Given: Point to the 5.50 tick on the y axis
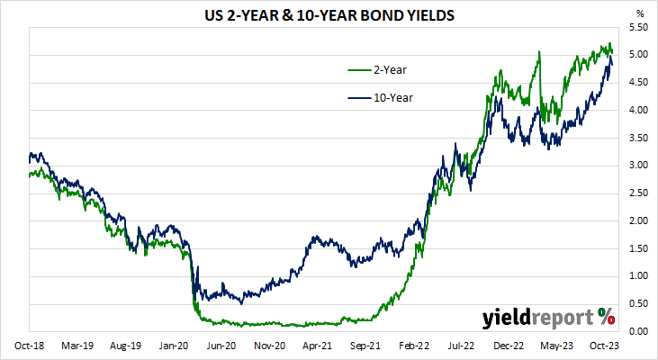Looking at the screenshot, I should click(637, 28).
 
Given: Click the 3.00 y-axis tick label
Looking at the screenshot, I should click(637, 166).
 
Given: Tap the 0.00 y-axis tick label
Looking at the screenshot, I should click(637, 331).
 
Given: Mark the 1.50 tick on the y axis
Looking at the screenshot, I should click(637, 248).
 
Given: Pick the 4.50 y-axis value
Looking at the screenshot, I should click(637, 83).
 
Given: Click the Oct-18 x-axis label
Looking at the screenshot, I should click(29, 346).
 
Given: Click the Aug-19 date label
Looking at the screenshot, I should click(125, 346).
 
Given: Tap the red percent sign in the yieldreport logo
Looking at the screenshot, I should click(606, 316).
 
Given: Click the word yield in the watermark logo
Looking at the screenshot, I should click(510, 318).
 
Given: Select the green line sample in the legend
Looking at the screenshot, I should click(361, 69).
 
